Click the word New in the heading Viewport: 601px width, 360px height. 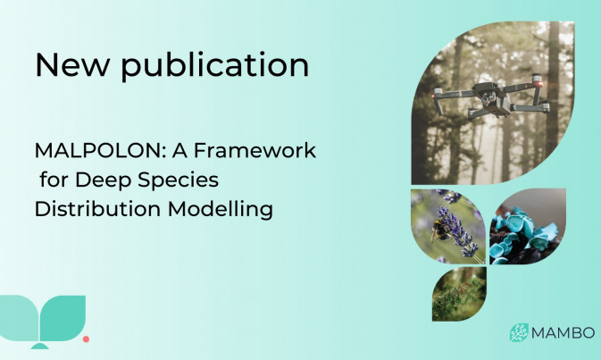click(72, 64)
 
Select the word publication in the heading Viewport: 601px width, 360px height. click(215, 65)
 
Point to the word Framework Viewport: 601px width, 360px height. click(255, 150)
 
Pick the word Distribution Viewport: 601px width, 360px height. click(97, 209)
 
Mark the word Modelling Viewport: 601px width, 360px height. click(221, 209)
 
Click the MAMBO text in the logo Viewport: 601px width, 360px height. click(563, 333)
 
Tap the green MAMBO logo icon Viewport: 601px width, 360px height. click(519, 332)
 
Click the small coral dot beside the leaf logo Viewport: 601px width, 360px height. click(87, 339)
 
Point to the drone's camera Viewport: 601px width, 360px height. click(486, 99)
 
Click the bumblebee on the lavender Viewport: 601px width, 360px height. click(439, 230)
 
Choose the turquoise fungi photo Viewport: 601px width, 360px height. click(528, 226)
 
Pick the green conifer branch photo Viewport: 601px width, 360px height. click(459, 294)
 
